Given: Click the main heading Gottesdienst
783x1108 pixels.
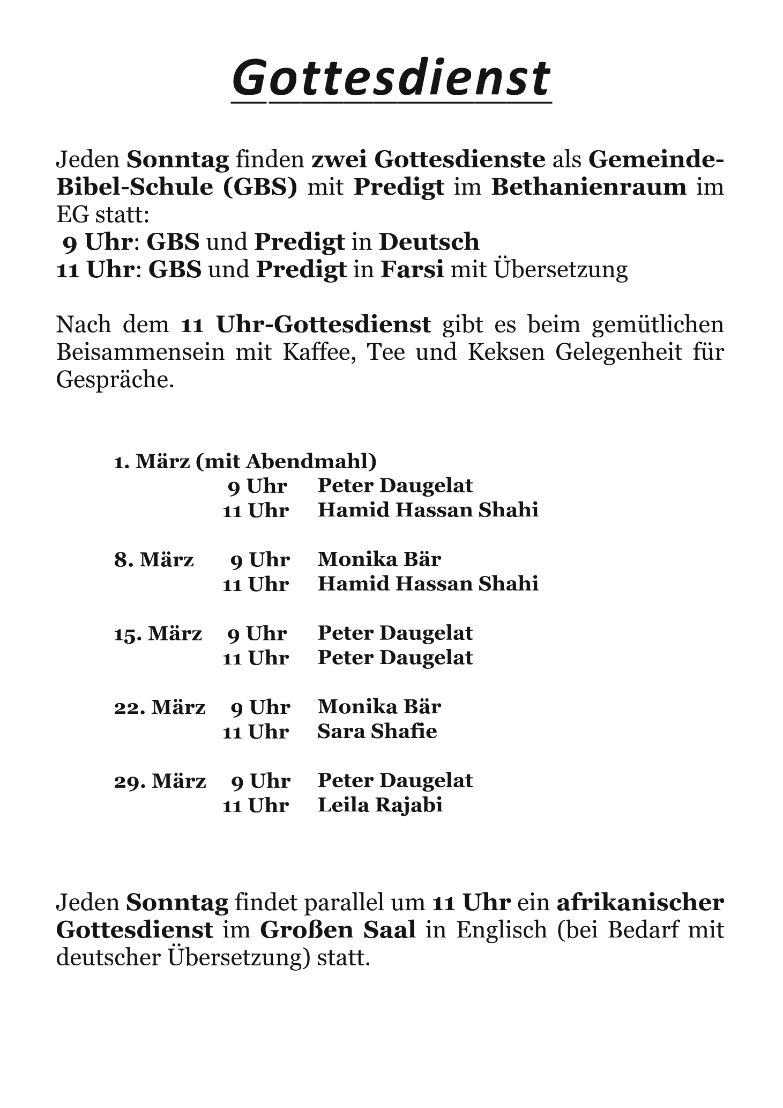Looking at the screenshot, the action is (391, 78).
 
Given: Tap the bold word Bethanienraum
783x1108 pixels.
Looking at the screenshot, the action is (588, 187).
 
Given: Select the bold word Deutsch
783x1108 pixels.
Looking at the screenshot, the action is (429, 242).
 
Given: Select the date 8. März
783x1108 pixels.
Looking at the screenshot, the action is (154, 560).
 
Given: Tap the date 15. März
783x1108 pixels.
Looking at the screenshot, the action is (158, 633).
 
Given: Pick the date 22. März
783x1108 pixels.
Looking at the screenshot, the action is (160, 707).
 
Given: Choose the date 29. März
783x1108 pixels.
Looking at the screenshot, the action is (160, 781).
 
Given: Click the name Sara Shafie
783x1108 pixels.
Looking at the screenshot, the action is (377, 732).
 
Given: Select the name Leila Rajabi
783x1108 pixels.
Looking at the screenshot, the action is (380, 805).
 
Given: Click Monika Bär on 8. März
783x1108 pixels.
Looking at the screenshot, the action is (379, 560).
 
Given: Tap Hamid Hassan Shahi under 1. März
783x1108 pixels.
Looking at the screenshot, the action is (428, 510).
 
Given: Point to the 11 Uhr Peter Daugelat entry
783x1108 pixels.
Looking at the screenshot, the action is (395, 658).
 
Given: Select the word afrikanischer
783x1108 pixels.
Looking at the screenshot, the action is (640, 903).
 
